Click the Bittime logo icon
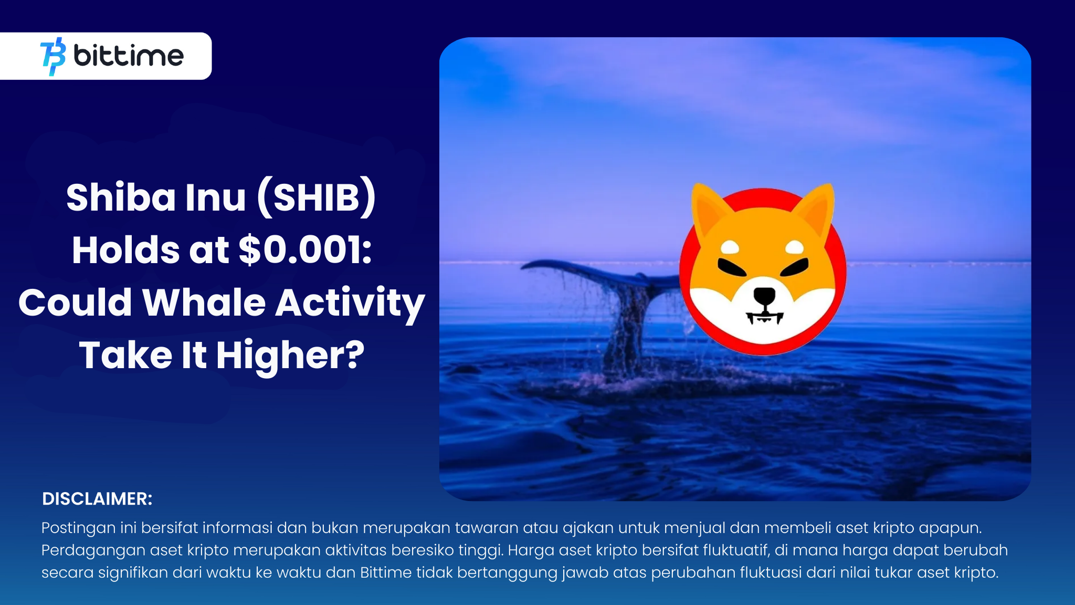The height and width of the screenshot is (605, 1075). [x=53, y=56]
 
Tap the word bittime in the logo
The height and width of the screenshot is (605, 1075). [x=129, y=55]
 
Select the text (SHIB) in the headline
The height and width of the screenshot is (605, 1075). [x=317, y=198]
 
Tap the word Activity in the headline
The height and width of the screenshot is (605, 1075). [x=350, y=304]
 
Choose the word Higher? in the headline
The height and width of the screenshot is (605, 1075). [x=290, y=356]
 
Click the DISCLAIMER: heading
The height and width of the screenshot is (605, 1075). [x=97, y=499]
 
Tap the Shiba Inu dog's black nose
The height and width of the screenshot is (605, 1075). [x=764, y=297]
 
